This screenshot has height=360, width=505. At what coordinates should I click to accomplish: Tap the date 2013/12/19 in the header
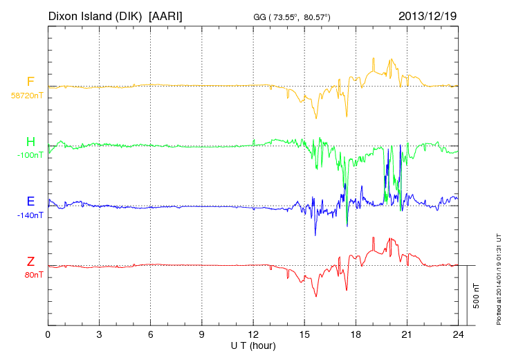pos(427,15)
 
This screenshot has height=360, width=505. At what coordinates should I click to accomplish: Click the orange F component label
pos(30,82)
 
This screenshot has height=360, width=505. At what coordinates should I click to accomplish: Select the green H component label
pos(30,142)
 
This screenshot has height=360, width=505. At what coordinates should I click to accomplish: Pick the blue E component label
pos(30,201)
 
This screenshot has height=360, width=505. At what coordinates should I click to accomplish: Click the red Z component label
pos(30,261)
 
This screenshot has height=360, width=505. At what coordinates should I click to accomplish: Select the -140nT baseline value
pos(30,215)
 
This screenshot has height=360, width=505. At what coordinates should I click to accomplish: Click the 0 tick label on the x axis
pos(48,335)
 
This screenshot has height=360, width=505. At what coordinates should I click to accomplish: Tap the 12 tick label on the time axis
pos(253,335)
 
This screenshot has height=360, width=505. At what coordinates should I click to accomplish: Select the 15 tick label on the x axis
pos(304,335)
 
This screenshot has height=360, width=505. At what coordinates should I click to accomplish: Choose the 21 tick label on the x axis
pos(407,335)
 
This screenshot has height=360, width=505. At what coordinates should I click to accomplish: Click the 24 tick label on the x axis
pos(458,335)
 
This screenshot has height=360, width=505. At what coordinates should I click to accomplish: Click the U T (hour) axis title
pos(253,345)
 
